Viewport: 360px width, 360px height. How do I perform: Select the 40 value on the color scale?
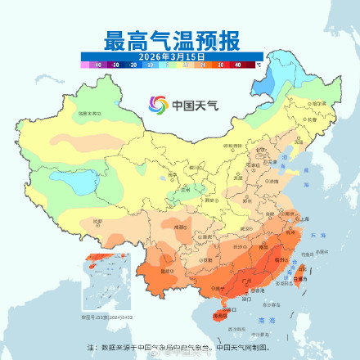(237, 63)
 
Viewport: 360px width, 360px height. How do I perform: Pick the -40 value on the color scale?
(97, 63)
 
